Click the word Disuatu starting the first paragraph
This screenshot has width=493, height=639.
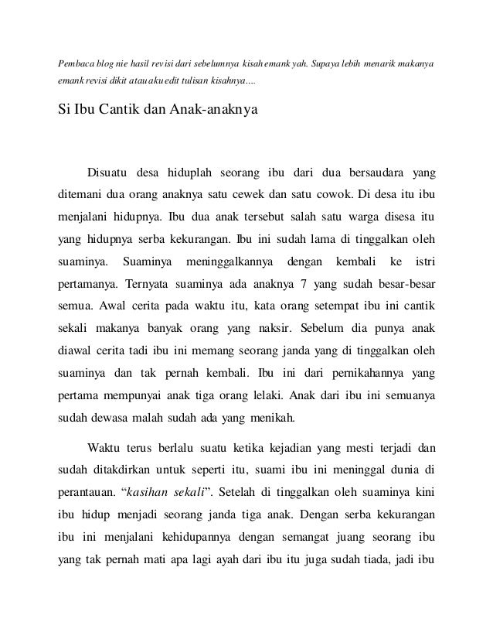click(x=110, y=170)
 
